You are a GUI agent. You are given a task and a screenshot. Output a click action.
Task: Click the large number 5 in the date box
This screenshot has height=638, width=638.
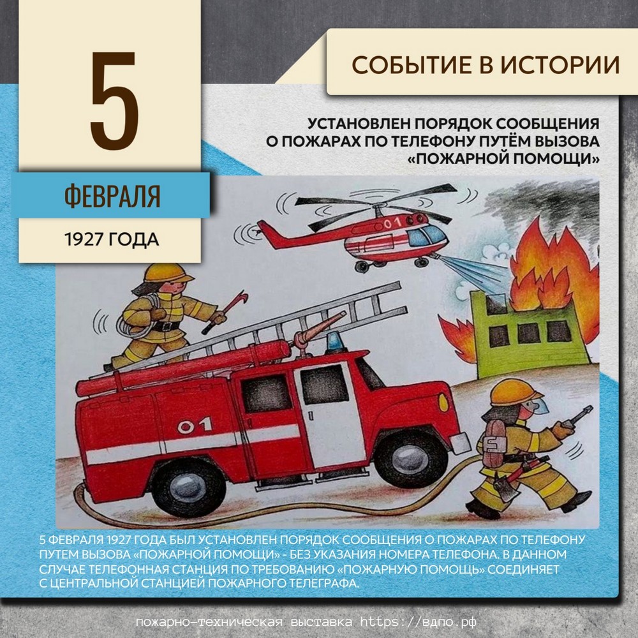click(114, 100)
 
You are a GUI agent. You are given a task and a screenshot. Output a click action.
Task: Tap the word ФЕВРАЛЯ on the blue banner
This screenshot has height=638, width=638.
click(112, 196)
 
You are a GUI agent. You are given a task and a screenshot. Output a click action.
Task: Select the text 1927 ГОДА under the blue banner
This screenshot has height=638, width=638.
click(112, 240)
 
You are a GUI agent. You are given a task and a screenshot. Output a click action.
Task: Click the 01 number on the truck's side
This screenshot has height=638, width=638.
click(195, 425)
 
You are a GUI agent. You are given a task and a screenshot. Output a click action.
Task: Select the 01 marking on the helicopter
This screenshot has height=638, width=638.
click(392, 223)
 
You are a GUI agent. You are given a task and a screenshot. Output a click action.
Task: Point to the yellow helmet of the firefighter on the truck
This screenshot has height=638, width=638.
click(168, 272)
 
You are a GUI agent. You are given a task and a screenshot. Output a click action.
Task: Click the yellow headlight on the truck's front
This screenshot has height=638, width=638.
click(443, 402)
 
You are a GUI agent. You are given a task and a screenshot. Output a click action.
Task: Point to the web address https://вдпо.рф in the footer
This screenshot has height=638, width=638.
click(419, 621)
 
